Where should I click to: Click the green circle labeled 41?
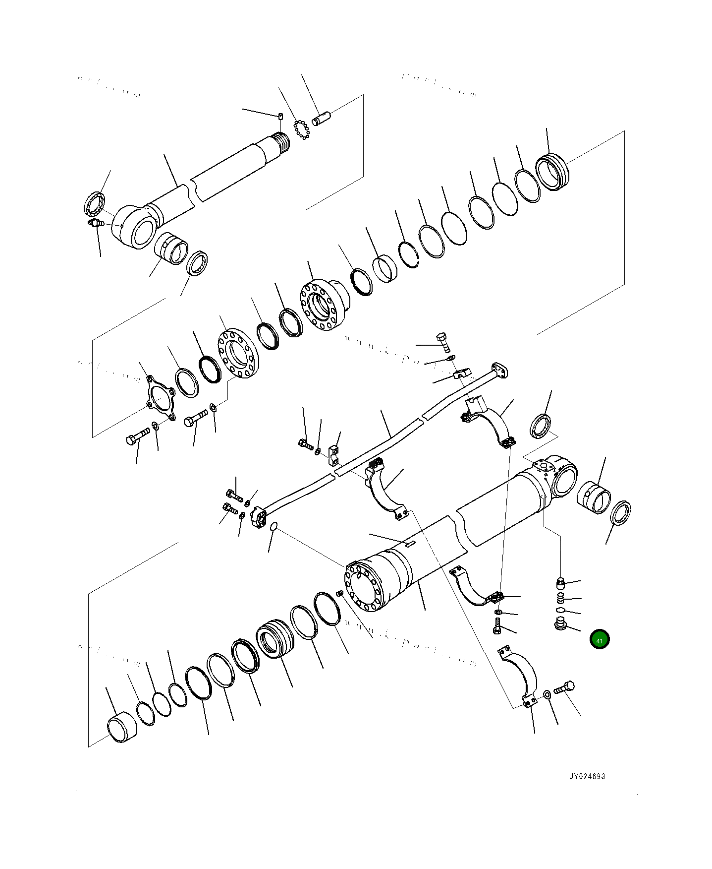pos(600,640)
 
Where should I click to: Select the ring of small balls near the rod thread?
pos(301,130)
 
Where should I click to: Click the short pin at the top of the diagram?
pos(321,120)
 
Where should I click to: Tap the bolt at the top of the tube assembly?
pos(442,342)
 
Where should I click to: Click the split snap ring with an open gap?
pos(409,255)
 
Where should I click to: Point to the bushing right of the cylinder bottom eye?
pos(595,498)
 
